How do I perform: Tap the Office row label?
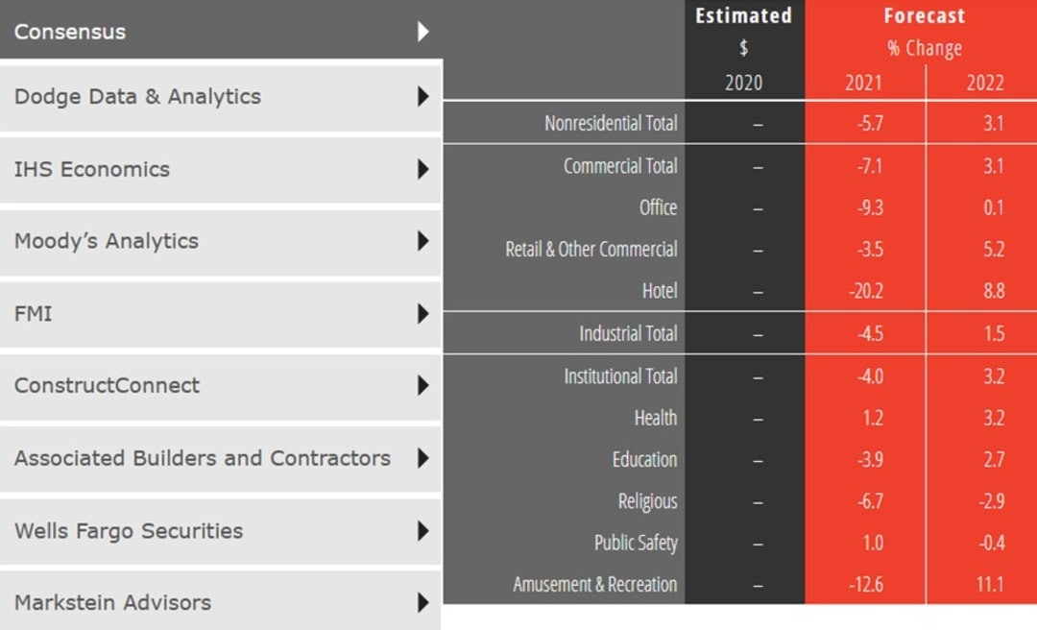[x=658, y=207]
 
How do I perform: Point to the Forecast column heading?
[x=924, y=16]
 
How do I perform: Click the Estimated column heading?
[x=743, y=16]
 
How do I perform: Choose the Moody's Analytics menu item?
[x=107, y=241]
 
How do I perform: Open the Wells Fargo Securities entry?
[x=129, y=531]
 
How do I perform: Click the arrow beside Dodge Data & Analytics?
[x=422, y=97]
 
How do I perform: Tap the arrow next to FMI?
[x=422, y=313]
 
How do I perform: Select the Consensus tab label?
[x=70, y=32]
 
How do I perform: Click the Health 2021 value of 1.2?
[x=871, y=418]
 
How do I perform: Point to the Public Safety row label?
[x=636, y=543]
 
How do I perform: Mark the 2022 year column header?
[x=985, y=83]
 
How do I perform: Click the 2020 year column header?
[x=743, y=83]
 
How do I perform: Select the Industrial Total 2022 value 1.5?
[x=994, y=333]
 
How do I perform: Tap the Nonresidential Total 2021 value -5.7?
[x=867, y=123]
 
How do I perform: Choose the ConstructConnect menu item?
[x=108, y=386]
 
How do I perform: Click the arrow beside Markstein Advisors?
[x=422, y=603]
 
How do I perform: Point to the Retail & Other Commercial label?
[x=591, y=250]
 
